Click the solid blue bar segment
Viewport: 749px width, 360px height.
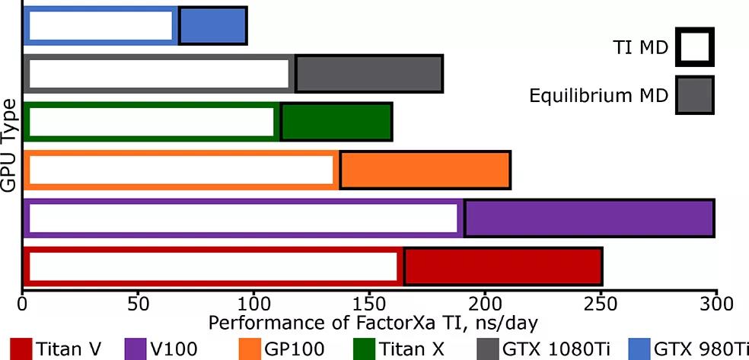coord(212,25)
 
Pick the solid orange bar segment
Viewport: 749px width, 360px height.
coord(425,170)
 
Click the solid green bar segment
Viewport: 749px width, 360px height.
coord(336,122)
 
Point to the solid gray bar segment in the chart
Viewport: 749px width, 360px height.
coord(368,74)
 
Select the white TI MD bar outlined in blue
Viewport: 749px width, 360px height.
coord(100,25)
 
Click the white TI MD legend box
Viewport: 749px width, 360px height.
coord(694,48)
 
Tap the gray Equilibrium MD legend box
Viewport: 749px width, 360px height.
coord(694,95)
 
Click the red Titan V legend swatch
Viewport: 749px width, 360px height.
coord(20,349)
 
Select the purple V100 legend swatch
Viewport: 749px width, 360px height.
coord(139,349)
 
